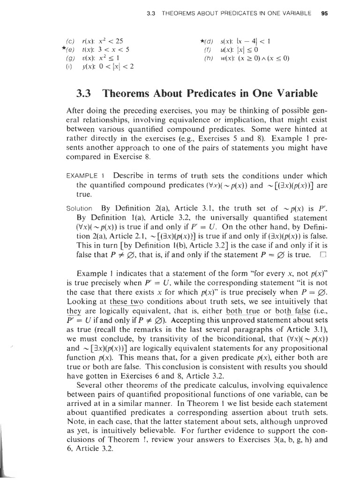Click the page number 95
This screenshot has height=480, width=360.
coord(324,13)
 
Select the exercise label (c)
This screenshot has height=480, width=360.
coord(70,41)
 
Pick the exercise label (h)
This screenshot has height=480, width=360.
coord(209,59)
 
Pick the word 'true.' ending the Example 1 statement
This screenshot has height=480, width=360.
coord(82,194)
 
